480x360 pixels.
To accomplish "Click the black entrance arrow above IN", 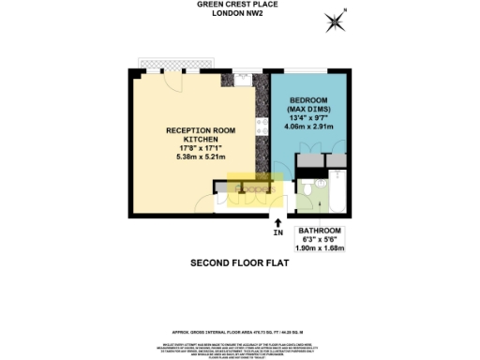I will pyautogui.click(x=277, y=220).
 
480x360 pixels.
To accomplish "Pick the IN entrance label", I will pyautogui.click(x=277, y=232).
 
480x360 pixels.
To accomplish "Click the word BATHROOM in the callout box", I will pyautogui.click(x=320, y=232).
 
